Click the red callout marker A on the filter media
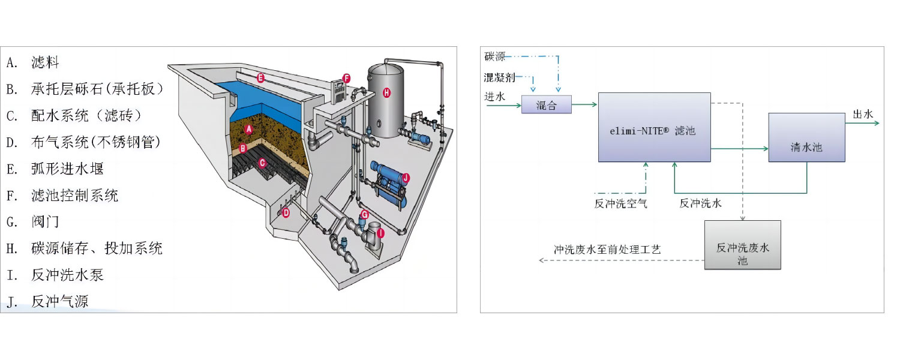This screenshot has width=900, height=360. coord(250,129)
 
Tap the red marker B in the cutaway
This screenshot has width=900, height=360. coord(243,148)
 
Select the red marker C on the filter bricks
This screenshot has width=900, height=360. coord(262,162)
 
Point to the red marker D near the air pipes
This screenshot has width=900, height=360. coord(286,212)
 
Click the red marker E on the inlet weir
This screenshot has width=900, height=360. coord(260,77)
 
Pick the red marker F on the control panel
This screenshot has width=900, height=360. coord(346,78)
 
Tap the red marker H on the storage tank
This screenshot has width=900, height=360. coord(386,92)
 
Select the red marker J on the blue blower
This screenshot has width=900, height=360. coord(406,178)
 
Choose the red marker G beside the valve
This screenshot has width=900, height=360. coord(364,214)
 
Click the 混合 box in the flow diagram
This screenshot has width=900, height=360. coord(546,104)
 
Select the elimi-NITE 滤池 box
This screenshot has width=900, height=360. coord(654,127)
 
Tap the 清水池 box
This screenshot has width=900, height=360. coord(806,137)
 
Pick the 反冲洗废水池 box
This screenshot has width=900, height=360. coord(743,245)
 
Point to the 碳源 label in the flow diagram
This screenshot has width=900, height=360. coord(495,57)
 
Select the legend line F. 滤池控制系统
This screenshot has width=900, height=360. coord(63,195)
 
